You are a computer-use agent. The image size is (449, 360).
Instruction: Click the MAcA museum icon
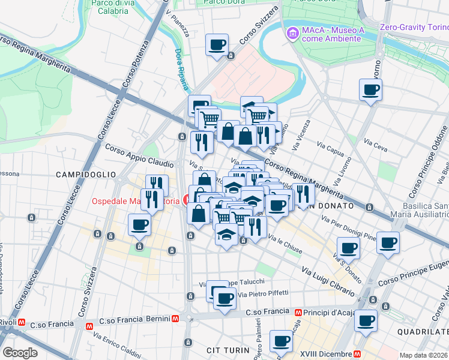(x=292, y=33)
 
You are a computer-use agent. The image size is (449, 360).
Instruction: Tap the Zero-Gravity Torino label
(x=414, y=27)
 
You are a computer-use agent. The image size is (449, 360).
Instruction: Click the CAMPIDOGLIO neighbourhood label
(x=86, y=174)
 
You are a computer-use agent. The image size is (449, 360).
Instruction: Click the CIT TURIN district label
(x=227, y=350)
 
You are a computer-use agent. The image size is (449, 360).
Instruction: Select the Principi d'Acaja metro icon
(x=298, y=312)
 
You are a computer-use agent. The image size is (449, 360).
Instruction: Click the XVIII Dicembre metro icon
(x=358, y=353)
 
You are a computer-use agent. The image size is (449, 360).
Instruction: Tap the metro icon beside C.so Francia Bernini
(x=175, y=319)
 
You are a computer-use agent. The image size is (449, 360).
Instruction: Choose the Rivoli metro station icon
(x=21, y=322)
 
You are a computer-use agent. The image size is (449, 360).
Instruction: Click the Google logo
(x=20, y=353)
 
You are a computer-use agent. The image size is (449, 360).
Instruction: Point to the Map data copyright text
(x=424, y=355)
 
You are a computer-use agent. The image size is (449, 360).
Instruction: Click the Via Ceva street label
(x=376, y=143)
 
